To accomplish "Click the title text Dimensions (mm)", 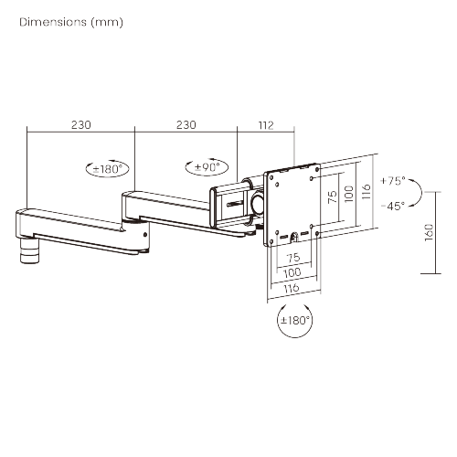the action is (x=71, y=22).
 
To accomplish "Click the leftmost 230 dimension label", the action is (x=81, y=125).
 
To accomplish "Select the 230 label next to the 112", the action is (x=186, y=125).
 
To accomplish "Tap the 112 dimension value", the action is (x=266, y=125).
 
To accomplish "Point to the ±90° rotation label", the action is (x=207, y=167).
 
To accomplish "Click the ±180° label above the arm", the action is (x=108, y=168).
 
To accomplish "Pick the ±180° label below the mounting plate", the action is (x=295, y=320).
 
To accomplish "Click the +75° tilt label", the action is (x=393, y=181).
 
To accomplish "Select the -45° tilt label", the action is (x=393, y=206).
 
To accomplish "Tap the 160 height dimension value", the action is (x=429, y=232).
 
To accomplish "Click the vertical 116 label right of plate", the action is (x=367, y=191).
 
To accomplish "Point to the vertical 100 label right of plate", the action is (x=349, y=194).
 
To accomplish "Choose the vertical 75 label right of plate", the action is (x=333, y=197).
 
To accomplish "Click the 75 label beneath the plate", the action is (x=293, y=258).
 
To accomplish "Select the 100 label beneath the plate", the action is (x=292, y=272).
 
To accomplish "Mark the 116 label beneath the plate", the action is (x=292, y=288).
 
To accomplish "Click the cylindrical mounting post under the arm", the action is (x=30, y=251).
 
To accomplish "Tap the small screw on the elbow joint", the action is (x=145, y=235).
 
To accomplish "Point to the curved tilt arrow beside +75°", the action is (x=421, y=192).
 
